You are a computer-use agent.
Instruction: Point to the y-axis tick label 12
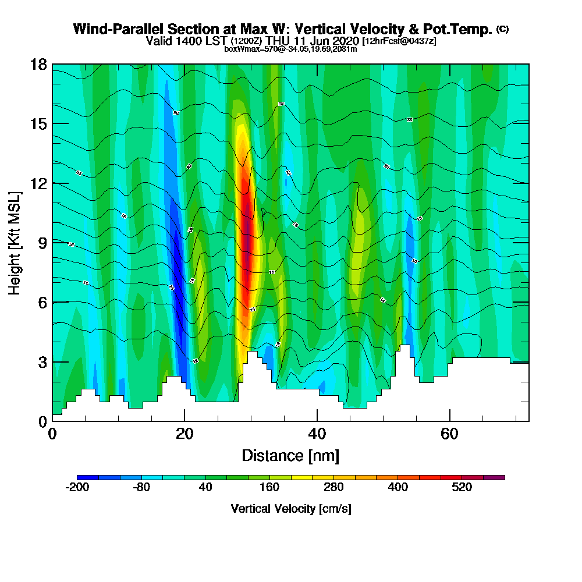pyautogui.click(x=38, y=183)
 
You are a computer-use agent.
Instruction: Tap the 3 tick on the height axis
pyautogui.click(x=42, y=361)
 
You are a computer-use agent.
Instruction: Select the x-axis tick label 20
pyautogui.click(x=184, y=434)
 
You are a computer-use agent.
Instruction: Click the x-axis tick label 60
pyautogui.click(x=449, y=434)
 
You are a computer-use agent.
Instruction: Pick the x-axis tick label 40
pyautogui.click(x=317, y=434)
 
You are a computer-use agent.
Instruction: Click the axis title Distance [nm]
pyautogui.click(x=290, y=455)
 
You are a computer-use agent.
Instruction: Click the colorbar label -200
pyautogui.click(x=77, y=488)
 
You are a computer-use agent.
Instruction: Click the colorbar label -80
pyautogui.click(x=142, y=488)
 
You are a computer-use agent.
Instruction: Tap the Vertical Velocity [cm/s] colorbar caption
pyautogui.click(x=291, y=509)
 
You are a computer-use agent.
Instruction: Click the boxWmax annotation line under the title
pyautogui.click(x=290, y=49)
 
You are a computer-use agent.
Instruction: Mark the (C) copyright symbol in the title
pyautogui.click(x=502, y=29)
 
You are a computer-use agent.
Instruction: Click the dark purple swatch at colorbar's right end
pyautogui.click(x=494, y=477)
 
